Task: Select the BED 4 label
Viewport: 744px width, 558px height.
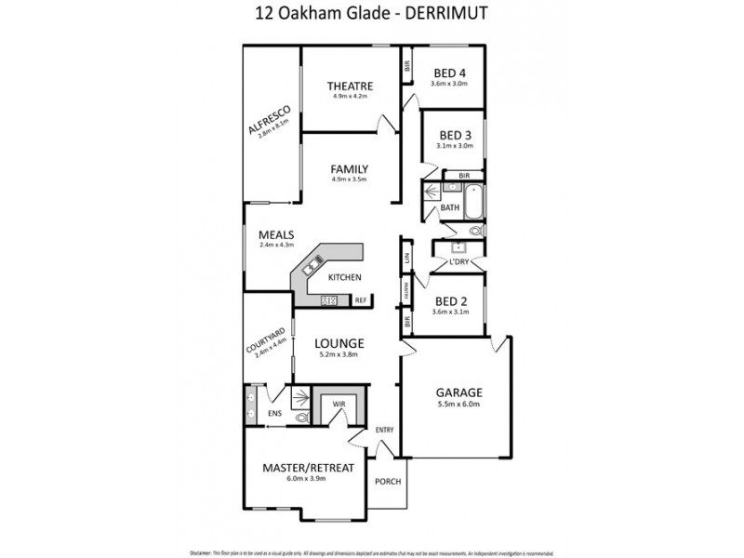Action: coord(451,73)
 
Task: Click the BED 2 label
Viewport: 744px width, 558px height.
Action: coord(451,300)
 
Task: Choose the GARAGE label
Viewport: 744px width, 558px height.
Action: coord(457,392)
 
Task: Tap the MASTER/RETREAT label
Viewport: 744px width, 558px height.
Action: coord(308,467)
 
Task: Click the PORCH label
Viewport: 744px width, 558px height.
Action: coord(387,482)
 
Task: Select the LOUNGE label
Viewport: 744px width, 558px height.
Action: coord(338,342)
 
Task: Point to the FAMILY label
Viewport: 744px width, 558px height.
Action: coord(351,169)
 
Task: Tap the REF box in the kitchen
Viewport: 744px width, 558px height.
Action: coord(362,300)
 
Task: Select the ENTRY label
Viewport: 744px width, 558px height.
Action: coord(385,430)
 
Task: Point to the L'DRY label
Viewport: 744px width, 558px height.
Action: coord(458,262)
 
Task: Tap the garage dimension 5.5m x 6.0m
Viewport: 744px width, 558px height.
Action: coord(457,405)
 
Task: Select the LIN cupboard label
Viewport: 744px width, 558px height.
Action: coord(407,258)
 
